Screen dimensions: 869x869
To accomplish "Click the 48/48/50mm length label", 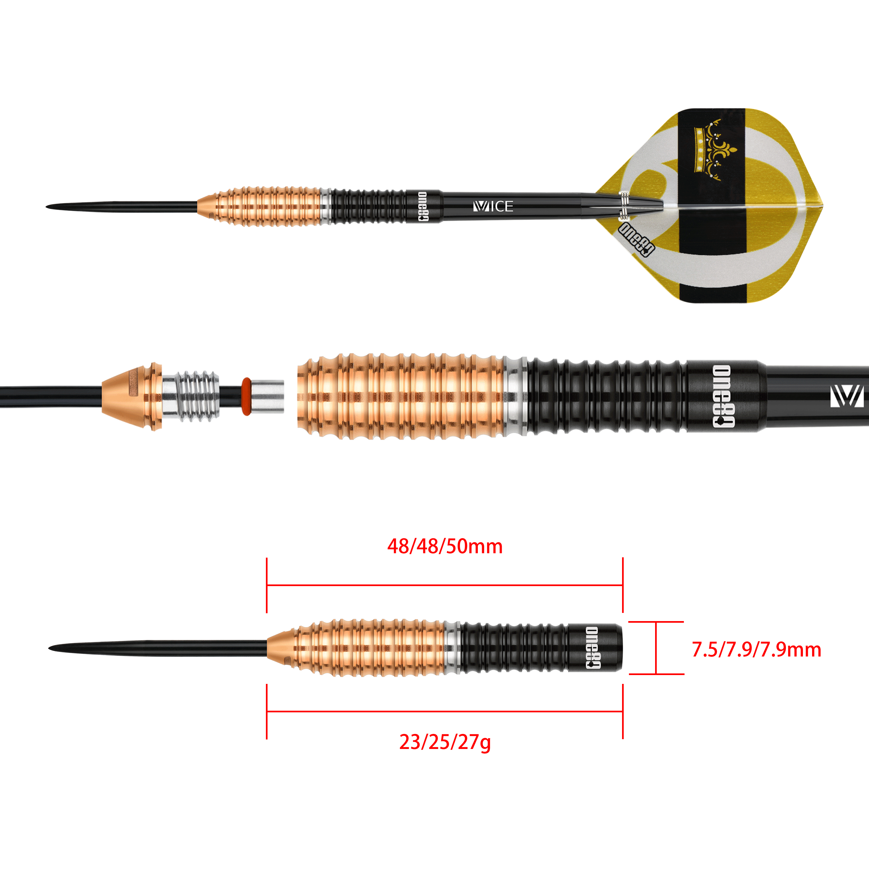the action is pos(445,547).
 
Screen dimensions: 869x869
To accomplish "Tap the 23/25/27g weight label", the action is pos(445,742).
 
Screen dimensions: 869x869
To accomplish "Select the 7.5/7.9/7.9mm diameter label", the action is pos(756,650).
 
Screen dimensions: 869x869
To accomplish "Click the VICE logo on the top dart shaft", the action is pos(493,206).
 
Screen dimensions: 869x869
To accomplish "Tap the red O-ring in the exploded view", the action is pos(246,396).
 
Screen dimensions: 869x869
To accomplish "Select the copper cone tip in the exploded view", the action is pos(132,396).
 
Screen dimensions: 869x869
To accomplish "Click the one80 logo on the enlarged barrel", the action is pos(724,396).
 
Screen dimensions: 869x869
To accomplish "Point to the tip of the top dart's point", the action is pos(46,207).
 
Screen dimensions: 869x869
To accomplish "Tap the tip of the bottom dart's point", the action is pos(49,648).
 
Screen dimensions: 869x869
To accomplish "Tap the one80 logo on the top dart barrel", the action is pos(423,206).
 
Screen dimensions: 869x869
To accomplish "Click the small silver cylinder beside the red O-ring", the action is pos(267,396).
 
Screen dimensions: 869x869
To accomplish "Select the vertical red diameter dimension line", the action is pos(656,648).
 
